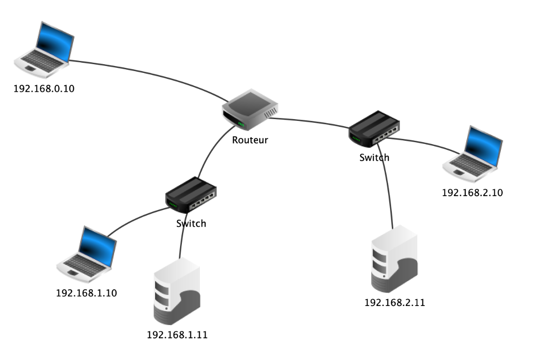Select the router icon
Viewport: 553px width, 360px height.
[x=250, y=110]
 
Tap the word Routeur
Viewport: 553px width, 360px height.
[x=250, y=140]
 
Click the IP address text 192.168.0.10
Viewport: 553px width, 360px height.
[x=44, y=89]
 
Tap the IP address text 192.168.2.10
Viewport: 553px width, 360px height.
[x=472, y=192]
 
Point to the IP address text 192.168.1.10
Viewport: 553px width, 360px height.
[x=86, y=293]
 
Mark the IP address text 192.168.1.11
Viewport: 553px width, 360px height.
[x=177, y=335]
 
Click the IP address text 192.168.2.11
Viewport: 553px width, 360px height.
[x=395, y=303]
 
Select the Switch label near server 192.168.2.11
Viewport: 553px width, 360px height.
[x=374, y=157]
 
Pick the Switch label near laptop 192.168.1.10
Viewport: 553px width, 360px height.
[x=191, y=224]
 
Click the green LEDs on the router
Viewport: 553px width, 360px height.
[x=240, y=124]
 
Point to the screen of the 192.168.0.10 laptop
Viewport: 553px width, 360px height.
[x=54, y=41]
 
